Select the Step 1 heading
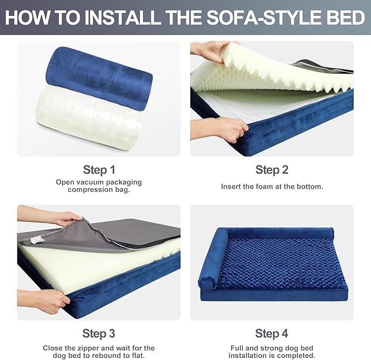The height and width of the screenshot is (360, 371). click(99, 170)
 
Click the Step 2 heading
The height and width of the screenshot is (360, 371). click(272, 170)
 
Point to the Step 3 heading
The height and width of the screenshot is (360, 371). click(99, 334)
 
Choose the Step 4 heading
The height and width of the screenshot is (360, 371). click(272, 334)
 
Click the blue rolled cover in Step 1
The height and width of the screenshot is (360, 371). click(100, 79)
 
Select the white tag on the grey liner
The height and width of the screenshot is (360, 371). click(37, 240)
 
